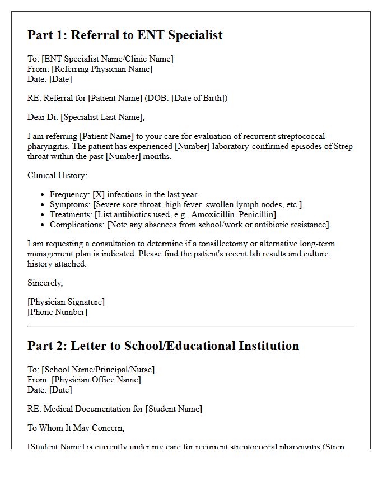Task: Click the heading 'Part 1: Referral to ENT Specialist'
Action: (125, 35)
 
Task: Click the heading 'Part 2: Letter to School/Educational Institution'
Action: (163, 346)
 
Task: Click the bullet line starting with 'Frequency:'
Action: (124, 194)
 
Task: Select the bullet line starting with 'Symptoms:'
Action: (176, 204)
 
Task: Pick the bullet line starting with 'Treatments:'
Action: (164, 214)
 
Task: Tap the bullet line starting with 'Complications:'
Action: (190, 225)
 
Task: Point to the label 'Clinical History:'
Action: (58, 175)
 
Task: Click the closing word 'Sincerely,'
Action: (45, 283)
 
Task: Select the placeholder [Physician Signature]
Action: (66, 302)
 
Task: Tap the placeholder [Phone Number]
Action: (57, 312)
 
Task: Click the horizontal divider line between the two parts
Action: (191, 326)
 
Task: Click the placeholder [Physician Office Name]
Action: (96, 380)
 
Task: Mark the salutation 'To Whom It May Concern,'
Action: (76, 428)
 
